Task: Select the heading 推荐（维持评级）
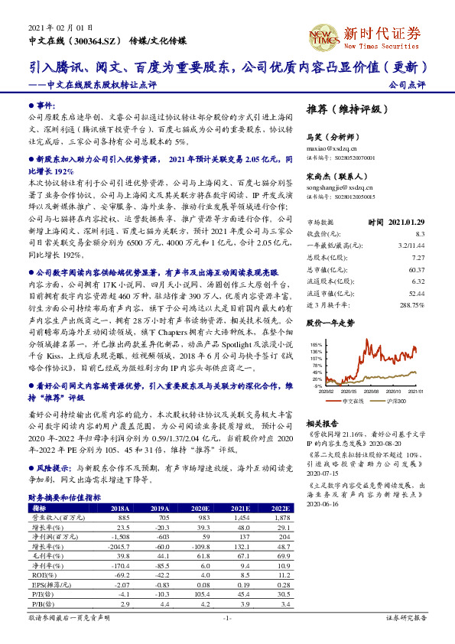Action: (x=342, y=109)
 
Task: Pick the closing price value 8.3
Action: (x=420, y=233)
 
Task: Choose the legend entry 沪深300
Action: (x=397, y=401)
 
